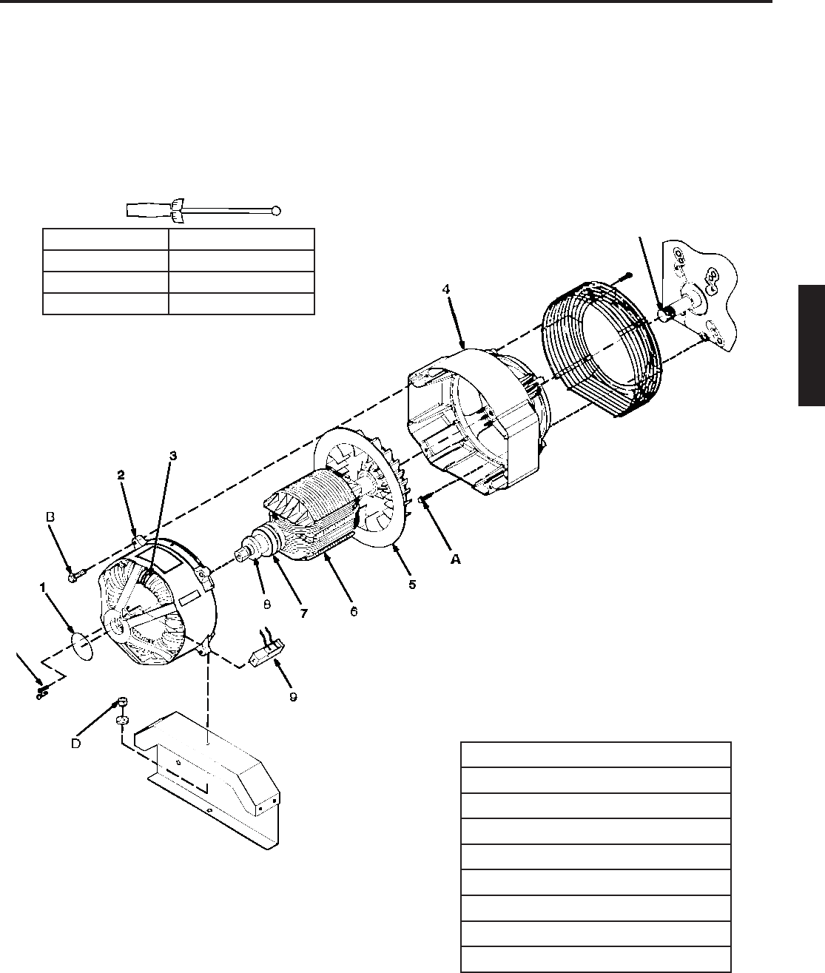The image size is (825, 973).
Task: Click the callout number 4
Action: [445, 289]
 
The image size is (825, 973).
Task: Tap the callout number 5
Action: [412, 585]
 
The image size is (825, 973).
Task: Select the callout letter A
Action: [456, 559]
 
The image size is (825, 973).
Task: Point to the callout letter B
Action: [50, 517]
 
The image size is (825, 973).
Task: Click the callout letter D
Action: [75, 744]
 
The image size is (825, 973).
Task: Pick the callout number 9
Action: [293, 697]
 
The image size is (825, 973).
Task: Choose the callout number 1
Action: [43, 587]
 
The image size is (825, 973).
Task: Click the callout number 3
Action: [173, 455]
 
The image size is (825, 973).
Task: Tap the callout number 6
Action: [354, 611]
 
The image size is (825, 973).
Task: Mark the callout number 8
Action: [267, 605]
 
